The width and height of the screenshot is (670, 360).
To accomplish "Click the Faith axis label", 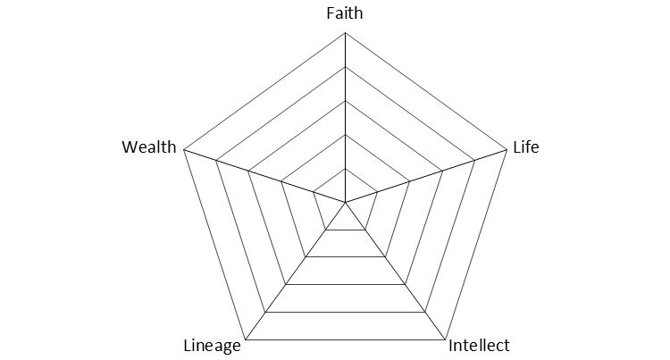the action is pyautogui.click(x=345, y=13).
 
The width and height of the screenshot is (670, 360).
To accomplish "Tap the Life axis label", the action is pyautogui.click(x=525, y=147).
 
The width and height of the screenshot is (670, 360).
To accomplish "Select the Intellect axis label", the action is pyautogui.click(x=478, y=346).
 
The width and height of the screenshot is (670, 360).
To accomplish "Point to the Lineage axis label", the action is pyautogui.click(x=212, y=346).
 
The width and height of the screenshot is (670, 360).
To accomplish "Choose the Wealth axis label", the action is pyautogui.click(x=149, y=147).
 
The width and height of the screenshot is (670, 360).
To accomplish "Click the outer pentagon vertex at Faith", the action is pyautogui.click(x=345, y=33).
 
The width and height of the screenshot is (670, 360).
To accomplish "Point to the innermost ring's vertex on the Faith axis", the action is pyautogui.click(x=345, y=169).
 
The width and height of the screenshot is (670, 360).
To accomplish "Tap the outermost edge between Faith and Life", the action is pyautogui.click(x=425, y=92).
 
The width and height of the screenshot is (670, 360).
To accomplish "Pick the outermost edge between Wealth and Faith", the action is pyautogui.click(x=264, y=92).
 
